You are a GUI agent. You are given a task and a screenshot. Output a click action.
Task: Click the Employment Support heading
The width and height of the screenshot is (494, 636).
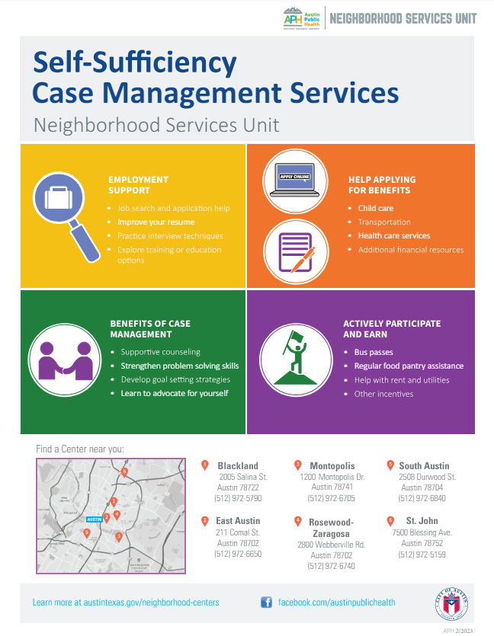tap(138, 184)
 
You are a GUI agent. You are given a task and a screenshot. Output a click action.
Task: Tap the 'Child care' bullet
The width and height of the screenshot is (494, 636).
tap(375, 208)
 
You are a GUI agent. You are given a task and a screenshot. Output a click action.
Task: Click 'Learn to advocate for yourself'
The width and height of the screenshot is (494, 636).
tap(174, 393)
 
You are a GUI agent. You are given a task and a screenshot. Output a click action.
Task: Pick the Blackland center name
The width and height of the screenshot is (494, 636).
tap(238, 465)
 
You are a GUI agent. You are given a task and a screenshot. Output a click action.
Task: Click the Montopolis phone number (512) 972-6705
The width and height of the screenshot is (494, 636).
tap(331, 498)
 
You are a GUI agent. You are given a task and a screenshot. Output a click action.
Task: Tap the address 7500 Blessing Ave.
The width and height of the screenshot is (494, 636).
tap(422, 532)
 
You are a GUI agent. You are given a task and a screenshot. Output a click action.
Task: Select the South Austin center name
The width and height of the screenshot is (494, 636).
tap(424, 465)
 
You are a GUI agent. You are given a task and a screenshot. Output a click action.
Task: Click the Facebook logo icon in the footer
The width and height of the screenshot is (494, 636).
tap(266, 602)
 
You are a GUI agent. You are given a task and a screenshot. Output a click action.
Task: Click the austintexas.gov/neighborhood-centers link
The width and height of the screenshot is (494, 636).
tap(126, 602)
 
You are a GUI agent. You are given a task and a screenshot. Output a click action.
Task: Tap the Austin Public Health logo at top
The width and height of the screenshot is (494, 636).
tap(302, 18)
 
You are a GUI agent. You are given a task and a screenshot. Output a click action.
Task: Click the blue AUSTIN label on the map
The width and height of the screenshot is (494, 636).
tap(95, 519)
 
